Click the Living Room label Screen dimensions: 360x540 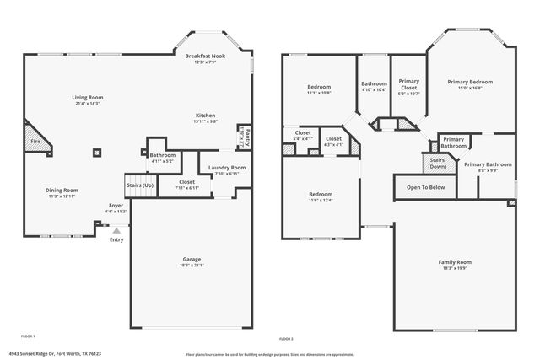87,98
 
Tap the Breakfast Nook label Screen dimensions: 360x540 206,56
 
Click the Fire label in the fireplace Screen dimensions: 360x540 35,142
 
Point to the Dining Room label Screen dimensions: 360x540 62,190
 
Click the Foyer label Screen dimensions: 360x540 116,206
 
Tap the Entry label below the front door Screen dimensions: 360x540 116,239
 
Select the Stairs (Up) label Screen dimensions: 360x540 140,185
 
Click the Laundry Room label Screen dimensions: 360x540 226,168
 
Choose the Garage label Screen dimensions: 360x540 192,259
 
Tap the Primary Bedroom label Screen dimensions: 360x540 470,82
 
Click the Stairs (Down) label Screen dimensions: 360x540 437,162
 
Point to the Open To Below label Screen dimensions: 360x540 425,187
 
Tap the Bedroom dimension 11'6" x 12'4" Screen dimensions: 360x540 320,200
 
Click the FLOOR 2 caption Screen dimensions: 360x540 286,338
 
